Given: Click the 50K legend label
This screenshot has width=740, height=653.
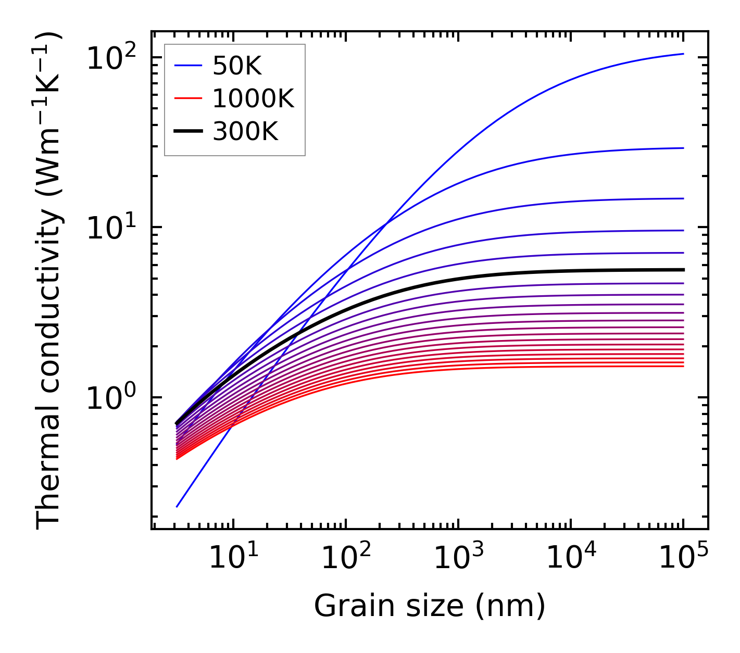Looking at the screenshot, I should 237,66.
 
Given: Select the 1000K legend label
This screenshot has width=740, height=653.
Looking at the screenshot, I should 253,99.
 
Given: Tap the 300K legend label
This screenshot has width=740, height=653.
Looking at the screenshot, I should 245,132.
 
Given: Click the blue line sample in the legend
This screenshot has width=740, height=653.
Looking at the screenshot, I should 187,66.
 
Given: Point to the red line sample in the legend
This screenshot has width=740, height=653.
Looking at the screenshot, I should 187,99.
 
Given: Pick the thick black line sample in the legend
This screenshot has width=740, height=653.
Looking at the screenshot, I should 187,132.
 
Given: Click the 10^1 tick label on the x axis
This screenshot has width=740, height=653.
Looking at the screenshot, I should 233,559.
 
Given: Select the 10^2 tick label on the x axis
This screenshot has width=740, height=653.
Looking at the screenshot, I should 345,559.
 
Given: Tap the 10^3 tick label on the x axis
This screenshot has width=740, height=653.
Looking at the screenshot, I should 458,559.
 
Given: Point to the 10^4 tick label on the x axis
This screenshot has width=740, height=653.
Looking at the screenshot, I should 570,559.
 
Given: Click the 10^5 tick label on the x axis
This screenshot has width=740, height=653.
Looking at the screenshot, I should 683,559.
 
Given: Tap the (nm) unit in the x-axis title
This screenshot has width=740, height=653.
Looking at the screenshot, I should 510,607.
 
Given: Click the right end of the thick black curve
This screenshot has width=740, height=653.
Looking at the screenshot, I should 683,270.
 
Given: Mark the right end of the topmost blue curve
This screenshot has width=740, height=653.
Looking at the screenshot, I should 683,54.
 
